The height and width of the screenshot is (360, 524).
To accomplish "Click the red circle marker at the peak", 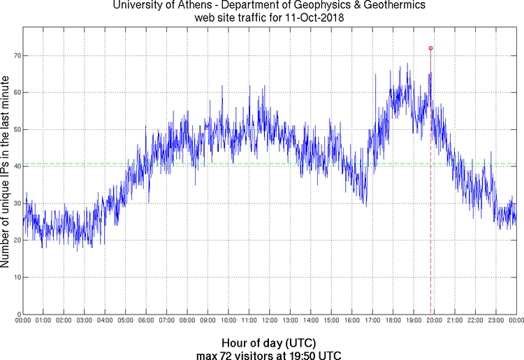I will pos(430,48).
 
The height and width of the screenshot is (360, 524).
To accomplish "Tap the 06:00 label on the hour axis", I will pos(146,320).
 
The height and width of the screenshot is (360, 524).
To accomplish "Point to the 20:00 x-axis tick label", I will pos(434,320).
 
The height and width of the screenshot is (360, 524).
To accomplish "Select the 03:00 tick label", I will pos(84,320).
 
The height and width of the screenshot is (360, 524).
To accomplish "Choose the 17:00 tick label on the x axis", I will pos(372,320).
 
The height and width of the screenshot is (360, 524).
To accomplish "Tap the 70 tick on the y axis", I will pos(15,55).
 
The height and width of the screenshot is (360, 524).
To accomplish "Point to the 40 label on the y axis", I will pos(15,166).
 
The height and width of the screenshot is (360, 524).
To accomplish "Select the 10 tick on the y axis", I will pos(15,278).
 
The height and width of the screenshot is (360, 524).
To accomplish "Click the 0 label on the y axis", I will pos(17,314).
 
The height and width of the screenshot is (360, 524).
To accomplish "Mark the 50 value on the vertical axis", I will pos(15,129).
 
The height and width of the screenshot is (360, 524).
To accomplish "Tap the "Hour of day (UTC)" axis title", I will pos(269,343).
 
